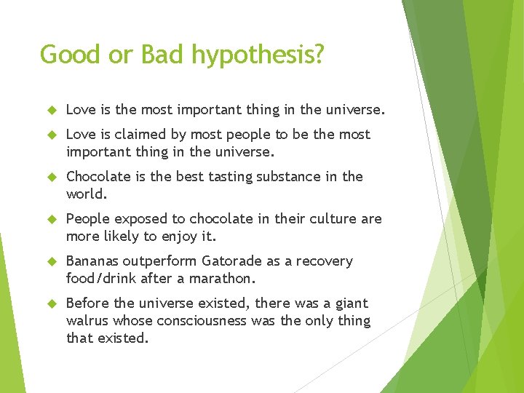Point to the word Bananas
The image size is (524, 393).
[92, 261]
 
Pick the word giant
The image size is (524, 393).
[350, 303]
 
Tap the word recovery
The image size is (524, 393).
[325, 261]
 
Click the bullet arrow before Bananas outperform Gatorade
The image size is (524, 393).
[52, 261]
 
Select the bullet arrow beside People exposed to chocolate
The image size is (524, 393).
[52, 219]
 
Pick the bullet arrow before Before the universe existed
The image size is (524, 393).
[52, 303]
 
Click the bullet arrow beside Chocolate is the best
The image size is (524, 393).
[52, 177]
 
